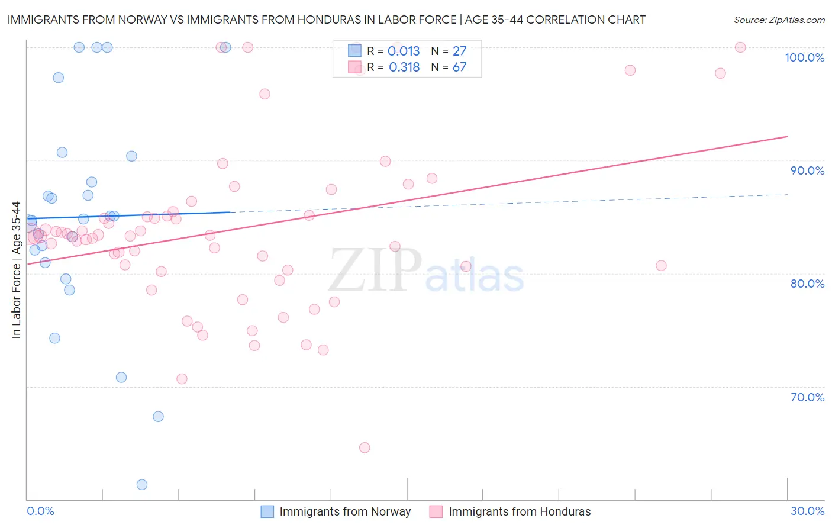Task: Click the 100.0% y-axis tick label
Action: coord(804,57)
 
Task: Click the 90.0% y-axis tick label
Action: coord(807,170)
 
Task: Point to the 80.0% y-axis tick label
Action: coord(807,284)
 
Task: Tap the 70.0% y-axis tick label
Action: coord(807,397)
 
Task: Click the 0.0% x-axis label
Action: coord(40,511)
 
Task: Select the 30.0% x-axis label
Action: coord(807,511)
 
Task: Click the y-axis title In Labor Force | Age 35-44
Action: coord(16,270)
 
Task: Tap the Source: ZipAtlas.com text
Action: coord(779,20)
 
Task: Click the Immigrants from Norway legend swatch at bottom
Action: coord(267,511)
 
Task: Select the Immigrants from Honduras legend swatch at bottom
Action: coord(436,511)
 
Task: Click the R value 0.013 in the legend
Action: coord(404,51)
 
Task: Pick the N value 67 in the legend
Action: coord(459,67)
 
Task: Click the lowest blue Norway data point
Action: coord(142,485)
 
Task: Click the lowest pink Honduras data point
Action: coord(365,447)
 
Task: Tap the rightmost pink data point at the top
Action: coord(740,47)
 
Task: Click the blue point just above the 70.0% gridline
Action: coord(121,378)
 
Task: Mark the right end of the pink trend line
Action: coord(787,136)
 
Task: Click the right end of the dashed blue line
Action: coord(787,194)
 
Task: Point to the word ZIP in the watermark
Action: coord(375,270)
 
